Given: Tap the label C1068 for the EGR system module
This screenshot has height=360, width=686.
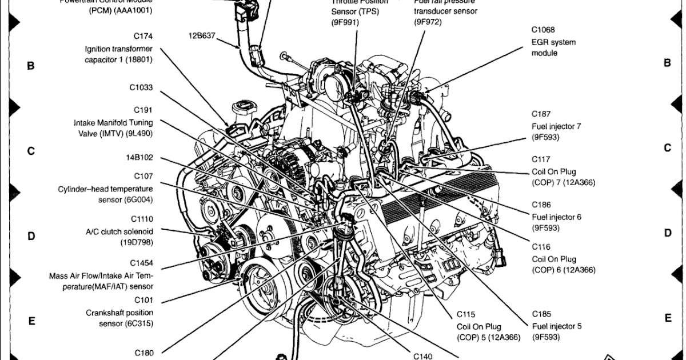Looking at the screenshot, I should tap(543, 30).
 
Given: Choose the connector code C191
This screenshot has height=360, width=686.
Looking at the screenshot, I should tap(143, 110).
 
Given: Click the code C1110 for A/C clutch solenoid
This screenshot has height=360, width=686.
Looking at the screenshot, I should tap(142, 219).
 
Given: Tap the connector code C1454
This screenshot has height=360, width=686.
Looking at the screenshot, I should tap(141, 263).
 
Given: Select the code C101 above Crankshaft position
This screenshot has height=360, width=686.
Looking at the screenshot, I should tap(143, 299).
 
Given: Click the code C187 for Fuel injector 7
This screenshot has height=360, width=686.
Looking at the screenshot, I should tap(541, 114).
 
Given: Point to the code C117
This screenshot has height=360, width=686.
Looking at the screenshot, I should tap(541, 159).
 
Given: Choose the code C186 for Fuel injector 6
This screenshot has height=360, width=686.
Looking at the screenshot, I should tap(541, 204).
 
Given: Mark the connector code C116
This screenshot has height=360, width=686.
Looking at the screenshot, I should tap(541, 247).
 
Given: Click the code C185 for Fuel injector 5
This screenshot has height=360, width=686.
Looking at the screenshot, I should tap(541, 314).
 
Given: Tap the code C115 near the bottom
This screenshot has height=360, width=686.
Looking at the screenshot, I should tap(466, 314).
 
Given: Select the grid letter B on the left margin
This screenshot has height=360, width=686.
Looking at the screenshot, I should tap(31, 66).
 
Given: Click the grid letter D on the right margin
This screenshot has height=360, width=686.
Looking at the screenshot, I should tap(667, 233).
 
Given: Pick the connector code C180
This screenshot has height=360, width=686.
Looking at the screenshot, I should tap(144, 353).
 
